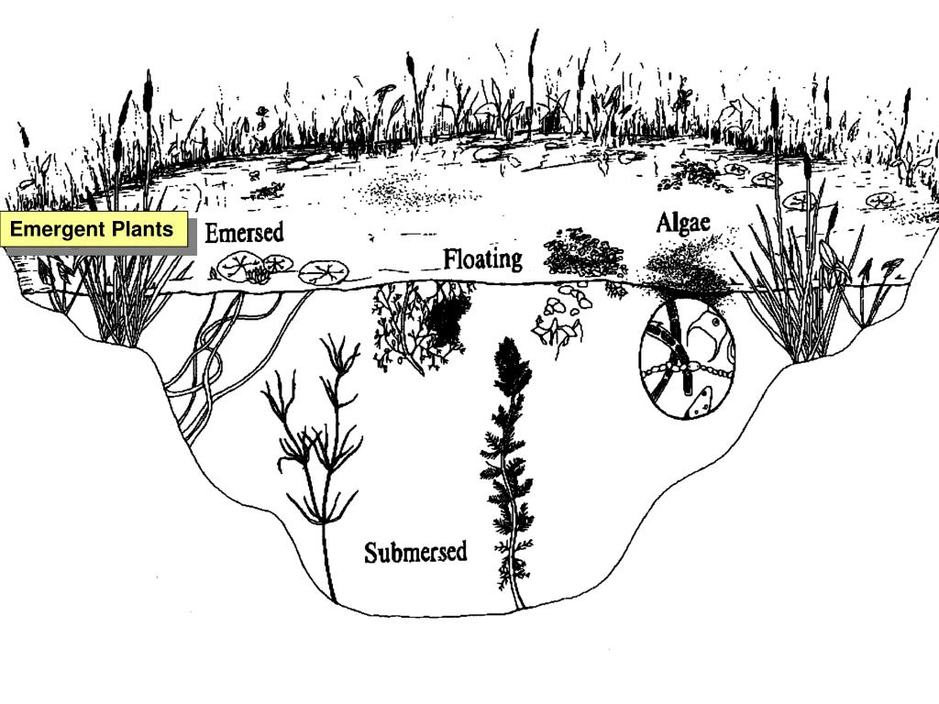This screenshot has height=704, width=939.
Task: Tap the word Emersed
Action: pos(244,232)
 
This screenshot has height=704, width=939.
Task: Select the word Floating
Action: pos(482,259)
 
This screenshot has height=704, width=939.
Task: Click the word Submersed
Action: pos(415,553)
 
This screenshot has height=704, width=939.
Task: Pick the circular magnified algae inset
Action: pos(687,359)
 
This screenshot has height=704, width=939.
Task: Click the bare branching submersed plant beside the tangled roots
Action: pos(316,440)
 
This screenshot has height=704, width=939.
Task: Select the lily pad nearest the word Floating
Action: pos(325,271)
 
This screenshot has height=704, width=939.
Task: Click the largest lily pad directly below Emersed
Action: pos(241,267)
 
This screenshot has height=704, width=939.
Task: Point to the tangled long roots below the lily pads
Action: pos(206,367)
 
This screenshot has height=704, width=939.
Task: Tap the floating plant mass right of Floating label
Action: pos(584,252)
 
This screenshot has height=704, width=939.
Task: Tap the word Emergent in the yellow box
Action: pos(58,229)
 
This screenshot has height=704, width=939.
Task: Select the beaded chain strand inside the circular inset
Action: pos(683,371)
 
